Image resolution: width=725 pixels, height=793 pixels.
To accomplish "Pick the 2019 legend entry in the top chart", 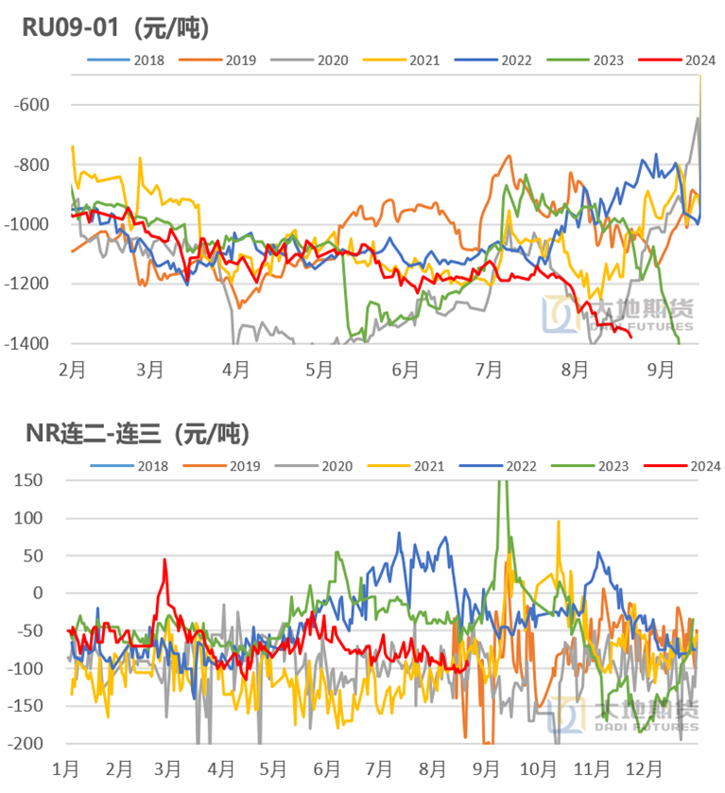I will [x=229, y=60].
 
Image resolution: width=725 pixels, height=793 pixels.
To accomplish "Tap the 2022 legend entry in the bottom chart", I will [x=505, y=466].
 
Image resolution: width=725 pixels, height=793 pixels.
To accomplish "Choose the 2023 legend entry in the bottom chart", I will [x=597, y=466].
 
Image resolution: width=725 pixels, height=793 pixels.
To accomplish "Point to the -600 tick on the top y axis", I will [x=32, y=105].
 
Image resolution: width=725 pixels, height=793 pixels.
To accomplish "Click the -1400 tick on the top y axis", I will [x=28, y=344].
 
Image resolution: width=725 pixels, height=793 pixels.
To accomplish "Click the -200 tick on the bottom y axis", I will [x=30, y=744].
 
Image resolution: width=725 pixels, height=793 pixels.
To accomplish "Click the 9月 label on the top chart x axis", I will [x=662, y=369].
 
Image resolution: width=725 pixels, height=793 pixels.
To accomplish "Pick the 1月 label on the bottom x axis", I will [x=66, y=767].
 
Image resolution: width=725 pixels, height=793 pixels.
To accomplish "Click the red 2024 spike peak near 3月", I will [x=164, y=560].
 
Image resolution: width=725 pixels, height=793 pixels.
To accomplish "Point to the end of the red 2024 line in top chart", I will [x=630, y=335].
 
